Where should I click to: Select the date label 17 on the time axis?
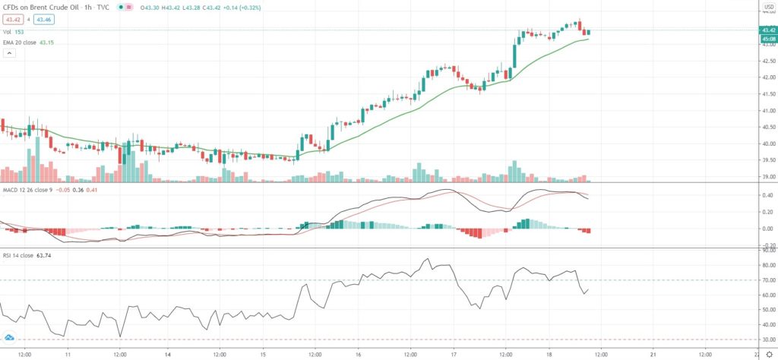tap(454, 353)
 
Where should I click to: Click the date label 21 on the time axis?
tap(654, 353)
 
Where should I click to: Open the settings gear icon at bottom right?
tap(768, 353)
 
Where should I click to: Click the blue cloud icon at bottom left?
tap(10, 337)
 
